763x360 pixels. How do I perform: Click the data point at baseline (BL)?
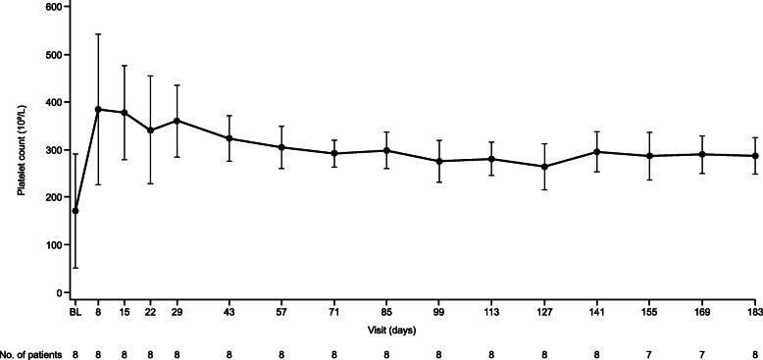click(76, 211)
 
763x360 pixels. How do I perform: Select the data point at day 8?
click(98, 109)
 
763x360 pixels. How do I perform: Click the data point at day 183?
click(754, 156)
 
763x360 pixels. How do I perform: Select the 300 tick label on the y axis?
click(51, 149)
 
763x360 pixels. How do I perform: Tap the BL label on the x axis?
click(76, 311)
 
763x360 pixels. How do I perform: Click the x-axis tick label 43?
click(229, 311)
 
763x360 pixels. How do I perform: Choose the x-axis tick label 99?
click(439, 311)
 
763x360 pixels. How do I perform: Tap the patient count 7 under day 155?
click(649, 352)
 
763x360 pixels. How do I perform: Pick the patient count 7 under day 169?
click(701, 352)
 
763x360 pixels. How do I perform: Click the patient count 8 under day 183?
click(754, 352)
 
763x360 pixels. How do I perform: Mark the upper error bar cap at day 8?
click(98, 34)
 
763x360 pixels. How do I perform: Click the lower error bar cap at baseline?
click(76, 268)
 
